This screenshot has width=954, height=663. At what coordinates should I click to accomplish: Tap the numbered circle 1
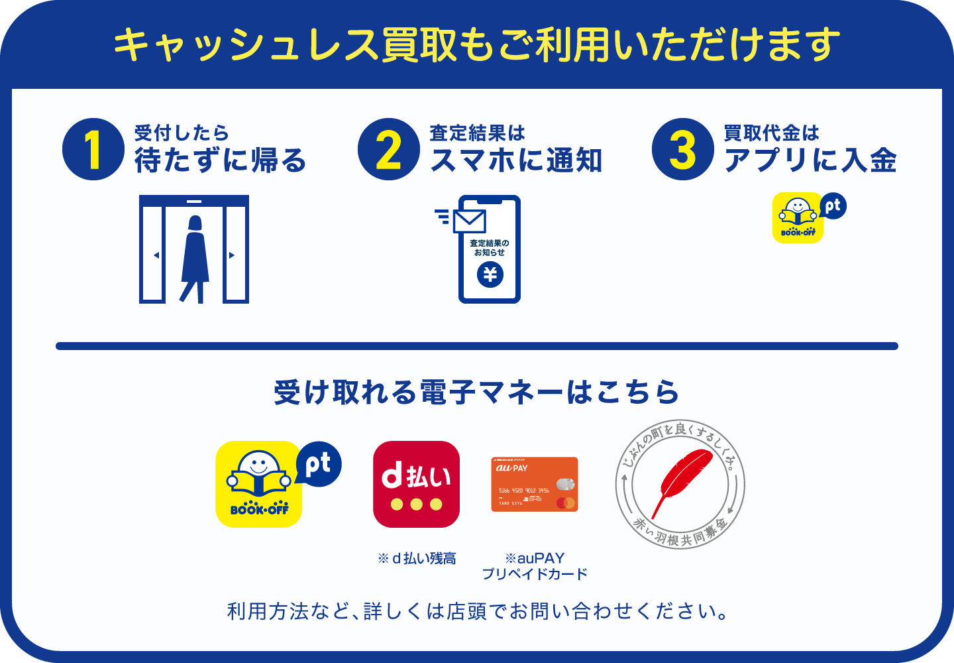pyautogui.click(x=93, y=149)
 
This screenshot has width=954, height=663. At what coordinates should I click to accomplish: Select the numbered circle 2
pyautogui.click(x=389, y=149)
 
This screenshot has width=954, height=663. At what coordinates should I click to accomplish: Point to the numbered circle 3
pyautogui.click(x=683, y=149)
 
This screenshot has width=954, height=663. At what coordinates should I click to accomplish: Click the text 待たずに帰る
pyautogui.click(x=221, y=160)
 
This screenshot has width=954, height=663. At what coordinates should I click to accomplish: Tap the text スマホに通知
pyautogui.click(x=516, y=160)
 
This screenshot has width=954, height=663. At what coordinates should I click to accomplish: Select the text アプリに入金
pyautogui.click(x=810, y=160)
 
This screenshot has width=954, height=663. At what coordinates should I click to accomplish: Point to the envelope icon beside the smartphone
pyautogui.click(x=469, y=221)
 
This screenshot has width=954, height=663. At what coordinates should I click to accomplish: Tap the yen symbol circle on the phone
pyautogui.click(x=490, y=274)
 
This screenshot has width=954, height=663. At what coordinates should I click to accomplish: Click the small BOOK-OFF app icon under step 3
pyautogui.click(x=798, y=218)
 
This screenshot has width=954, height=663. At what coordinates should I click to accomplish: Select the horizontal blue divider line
pyautogui.click(x=477, y=346)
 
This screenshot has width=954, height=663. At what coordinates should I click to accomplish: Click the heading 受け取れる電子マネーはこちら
pyautogui.click(x=477, y=392)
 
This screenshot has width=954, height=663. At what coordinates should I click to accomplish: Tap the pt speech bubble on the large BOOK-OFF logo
pyautogui.click(x=319, y=464)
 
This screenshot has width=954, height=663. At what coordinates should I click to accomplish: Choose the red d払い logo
pyautogui.click(x=416, y=484)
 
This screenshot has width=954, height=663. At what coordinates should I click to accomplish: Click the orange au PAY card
pyautogui.click(x=535, y=485)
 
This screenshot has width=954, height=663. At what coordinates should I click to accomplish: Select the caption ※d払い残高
pyautogui.click(x=417, y=559)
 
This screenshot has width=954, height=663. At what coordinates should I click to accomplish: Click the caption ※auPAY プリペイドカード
pyautogui.click(x=535, y=566)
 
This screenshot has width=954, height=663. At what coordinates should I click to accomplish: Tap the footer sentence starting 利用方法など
pyautogui.click(x=477, y=611)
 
